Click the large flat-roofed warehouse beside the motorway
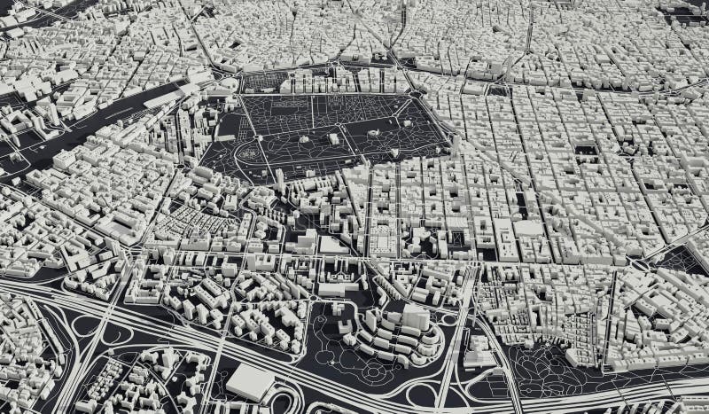[x=250, y=382]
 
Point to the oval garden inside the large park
[x=251, y=153]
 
